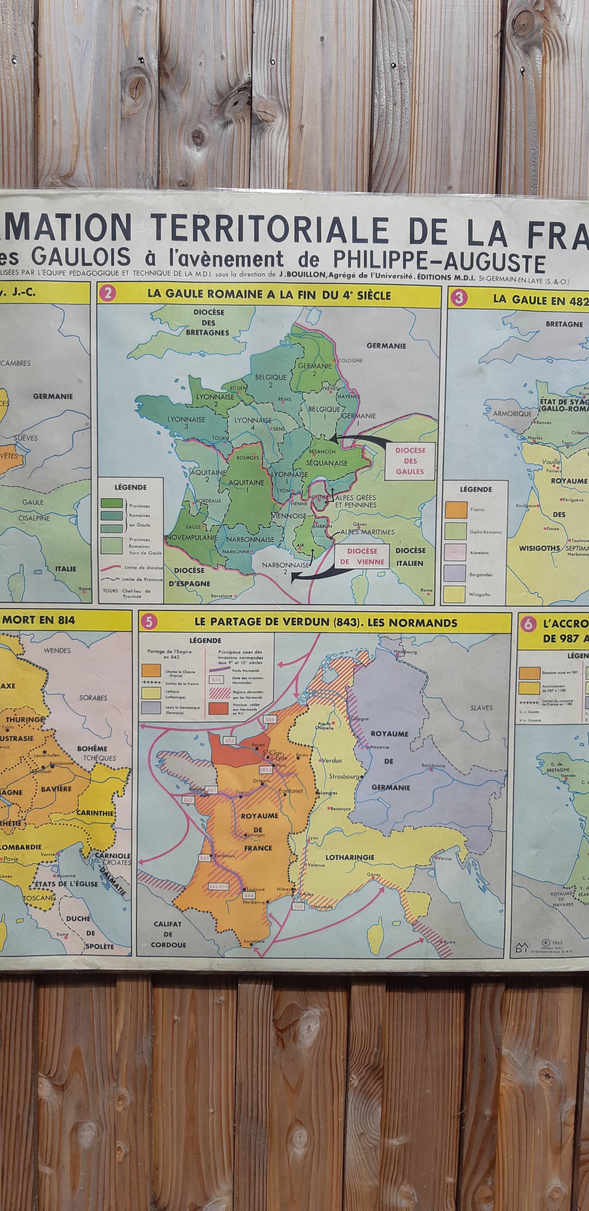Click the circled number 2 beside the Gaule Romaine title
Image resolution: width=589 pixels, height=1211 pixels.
click(x=108, y=294)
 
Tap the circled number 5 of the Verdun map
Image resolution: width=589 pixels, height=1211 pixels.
click(x=149, y=622)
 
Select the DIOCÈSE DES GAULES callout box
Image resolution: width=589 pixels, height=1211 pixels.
click(x=410, y=461)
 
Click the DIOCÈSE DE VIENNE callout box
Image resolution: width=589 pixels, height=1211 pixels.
click(x=362, y=556)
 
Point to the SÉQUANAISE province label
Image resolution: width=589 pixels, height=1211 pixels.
click(x=327, y=463)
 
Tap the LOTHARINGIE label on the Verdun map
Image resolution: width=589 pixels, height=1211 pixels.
click(x=350, y=857)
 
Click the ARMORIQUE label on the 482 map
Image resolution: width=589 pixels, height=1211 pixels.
click(x=512, y=414)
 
